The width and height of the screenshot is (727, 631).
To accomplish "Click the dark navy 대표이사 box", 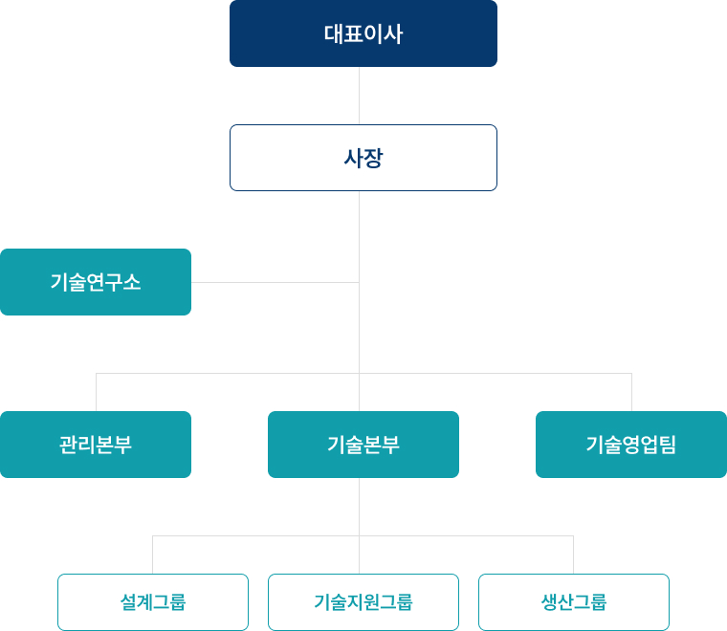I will tap(363, 33).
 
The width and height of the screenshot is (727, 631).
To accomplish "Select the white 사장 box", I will tap(363, 158).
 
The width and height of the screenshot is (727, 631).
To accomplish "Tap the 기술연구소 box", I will tap(96, 282).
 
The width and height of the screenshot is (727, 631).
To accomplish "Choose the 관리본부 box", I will tap(96, 445).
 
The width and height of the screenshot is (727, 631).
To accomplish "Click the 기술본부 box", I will tap(363, 445).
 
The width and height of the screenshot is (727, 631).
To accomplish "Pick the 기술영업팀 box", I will tap(631, 445).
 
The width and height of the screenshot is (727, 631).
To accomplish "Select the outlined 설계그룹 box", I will tap(153, 602).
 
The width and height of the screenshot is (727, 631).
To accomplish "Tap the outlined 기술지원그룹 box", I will tap(363, 602).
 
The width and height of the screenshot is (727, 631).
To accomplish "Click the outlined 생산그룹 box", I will tap(574, 602).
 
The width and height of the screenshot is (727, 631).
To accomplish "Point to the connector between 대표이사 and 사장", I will tap(359, 96).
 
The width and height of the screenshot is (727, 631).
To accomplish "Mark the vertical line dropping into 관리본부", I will tap(96, 393).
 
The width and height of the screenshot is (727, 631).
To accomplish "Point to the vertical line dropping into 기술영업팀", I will tap(631, 393).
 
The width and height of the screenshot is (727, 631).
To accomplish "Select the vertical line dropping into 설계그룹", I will tap(153, 555).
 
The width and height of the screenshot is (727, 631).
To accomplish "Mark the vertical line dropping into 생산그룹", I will tap(573, 555).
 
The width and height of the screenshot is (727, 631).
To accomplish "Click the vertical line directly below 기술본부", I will tap(359, 507).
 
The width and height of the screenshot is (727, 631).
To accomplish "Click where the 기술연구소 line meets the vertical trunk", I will tap(359, 282).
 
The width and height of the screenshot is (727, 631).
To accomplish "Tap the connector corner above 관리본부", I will tap(96, 373).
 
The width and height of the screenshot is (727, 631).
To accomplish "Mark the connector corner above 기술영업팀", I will tap(631, 373).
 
